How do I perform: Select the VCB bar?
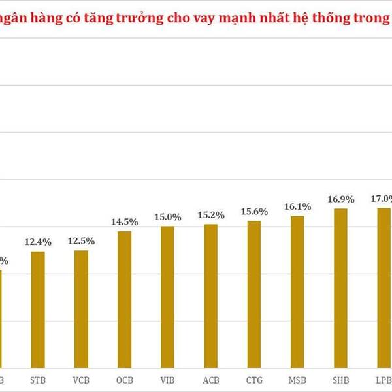pos(81,308)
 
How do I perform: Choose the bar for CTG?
pos(253,293)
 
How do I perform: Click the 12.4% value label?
pos(38,242)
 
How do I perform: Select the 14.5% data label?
pos(124,222)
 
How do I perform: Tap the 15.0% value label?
pos(167,218)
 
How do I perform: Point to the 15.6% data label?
pos(254,212)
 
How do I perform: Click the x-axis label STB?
pos(38,379)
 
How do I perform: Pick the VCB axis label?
pos(81,379)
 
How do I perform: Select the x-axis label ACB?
pos(210,379)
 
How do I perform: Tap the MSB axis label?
pos(297,379)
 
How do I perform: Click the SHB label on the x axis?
pos(340,379)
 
